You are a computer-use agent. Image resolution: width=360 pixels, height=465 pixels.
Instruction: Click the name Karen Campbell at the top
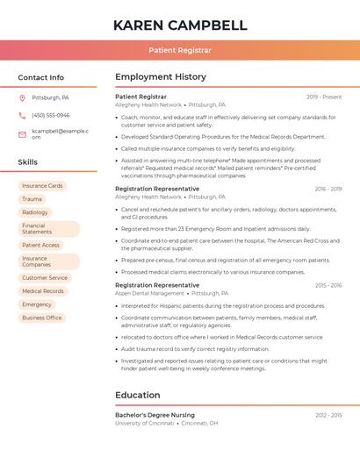pos(180,25)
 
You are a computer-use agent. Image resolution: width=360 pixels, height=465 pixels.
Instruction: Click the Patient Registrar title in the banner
pos(180,51)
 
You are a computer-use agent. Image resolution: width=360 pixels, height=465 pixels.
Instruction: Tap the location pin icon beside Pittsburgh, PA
pos(22,98)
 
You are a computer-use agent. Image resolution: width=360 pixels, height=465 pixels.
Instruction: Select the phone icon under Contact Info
pos(22,116)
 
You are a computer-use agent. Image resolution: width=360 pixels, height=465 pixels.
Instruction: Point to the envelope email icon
pos(22,133)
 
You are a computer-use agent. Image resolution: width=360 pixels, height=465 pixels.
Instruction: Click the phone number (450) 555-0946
pos(50,116)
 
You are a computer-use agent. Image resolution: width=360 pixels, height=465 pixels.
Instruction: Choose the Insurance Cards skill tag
pos(42,186)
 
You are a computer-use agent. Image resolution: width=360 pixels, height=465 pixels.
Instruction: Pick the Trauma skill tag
pos(32,199)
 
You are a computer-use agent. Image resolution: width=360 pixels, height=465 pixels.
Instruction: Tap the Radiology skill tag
pos(35,212)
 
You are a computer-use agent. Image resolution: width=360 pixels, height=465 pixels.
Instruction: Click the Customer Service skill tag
pos(45,278)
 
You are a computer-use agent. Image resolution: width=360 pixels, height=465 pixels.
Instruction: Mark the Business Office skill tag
pos(42,318)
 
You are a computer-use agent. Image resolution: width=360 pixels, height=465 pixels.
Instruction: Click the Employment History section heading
pos(161,77)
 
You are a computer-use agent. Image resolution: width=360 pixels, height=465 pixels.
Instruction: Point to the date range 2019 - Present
pos(324,97)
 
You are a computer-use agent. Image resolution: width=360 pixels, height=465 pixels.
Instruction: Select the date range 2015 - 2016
pos(328,285)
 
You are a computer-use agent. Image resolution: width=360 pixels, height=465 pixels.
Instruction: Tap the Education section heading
pos(138,396)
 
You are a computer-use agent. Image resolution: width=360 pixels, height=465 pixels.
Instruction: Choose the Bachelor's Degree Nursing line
pos(155,415)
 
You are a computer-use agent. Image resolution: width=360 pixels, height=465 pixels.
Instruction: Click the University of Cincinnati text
pos(145,423)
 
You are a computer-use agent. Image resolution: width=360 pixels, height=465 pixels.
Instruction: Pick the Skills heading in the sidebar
pos(28,162)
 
